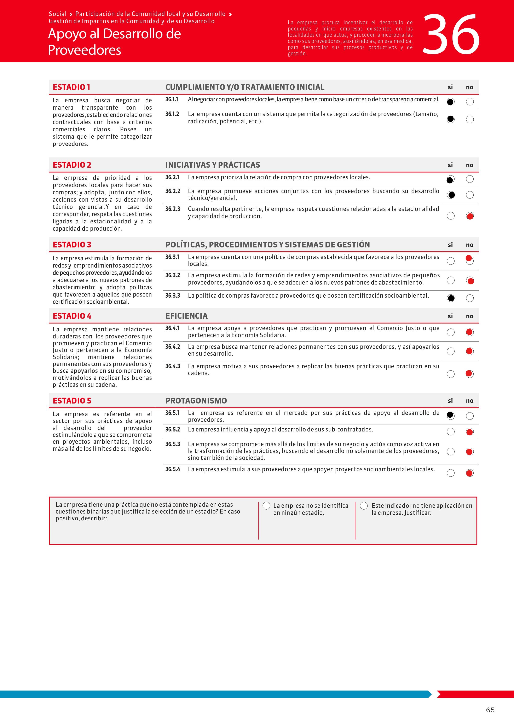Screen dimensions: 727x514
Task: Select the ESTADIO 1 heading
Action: pyautogui.click(x=71, y=87)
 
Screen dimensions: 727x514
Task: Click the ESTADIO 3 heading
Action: pyautogui.click(x=72, y=245)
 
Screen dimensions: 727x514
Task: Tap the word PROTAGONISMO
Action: pyautogui.click(x=196, y=401)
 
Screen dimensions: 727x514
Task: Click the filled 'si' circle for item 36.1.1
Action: pyautogui.click(x=450, y=102)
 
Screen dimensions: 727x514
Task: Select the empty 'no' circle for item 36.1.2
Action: pyautogui.click(x=470, y=119)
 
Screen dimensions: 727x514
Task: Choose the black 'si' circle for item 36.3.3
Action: pyautogui.click(x=450, y=298)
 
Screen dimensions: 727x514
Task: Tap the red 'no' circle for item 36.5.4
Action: pyautogui.click(x=470, y=473)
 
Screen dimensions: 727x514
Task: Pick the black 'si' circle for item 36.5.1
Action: pyautogui.click(x=450, y=416)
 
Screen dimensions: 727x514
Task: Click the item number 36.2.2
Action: pyautogui.click(x=173, y=191)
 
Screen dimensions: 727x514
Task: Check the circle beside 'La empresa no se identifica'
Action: pyautogui.click(x=266, y=506)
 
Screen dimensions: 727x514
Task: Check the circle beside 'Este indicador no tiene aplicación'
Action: pyautogui.click(x=364, y=506)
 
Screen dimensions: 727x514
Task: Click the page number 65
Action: pyautogui.click(x=490, y=710)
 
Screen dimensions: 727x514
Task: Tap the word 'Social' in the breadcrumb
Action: pyautogui.click(x=58, y=14)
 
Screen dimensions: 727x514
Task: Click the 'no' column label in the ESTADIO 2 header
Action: pyautogui.click(x=470, y=165)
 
